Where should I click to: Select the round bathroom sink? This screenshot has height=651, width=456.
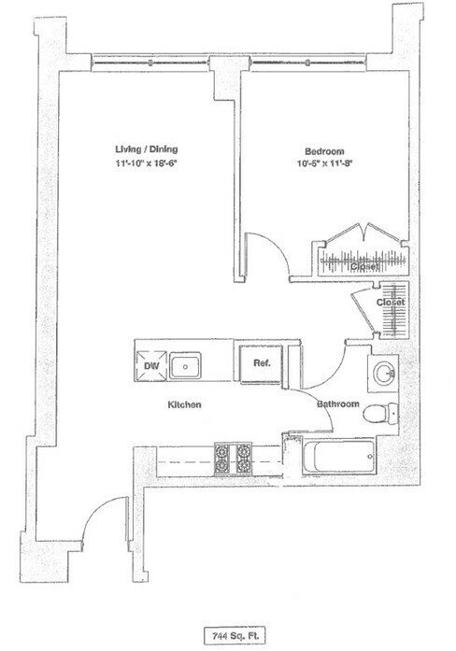[382, 374]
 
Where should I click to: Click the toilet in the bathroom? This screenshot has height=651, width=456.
[384, 412]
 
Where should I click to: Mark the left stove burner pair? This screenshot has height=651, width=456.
[224, 458]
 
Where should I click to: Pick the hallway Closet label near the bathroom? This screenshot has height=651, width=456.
[390, 304]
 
